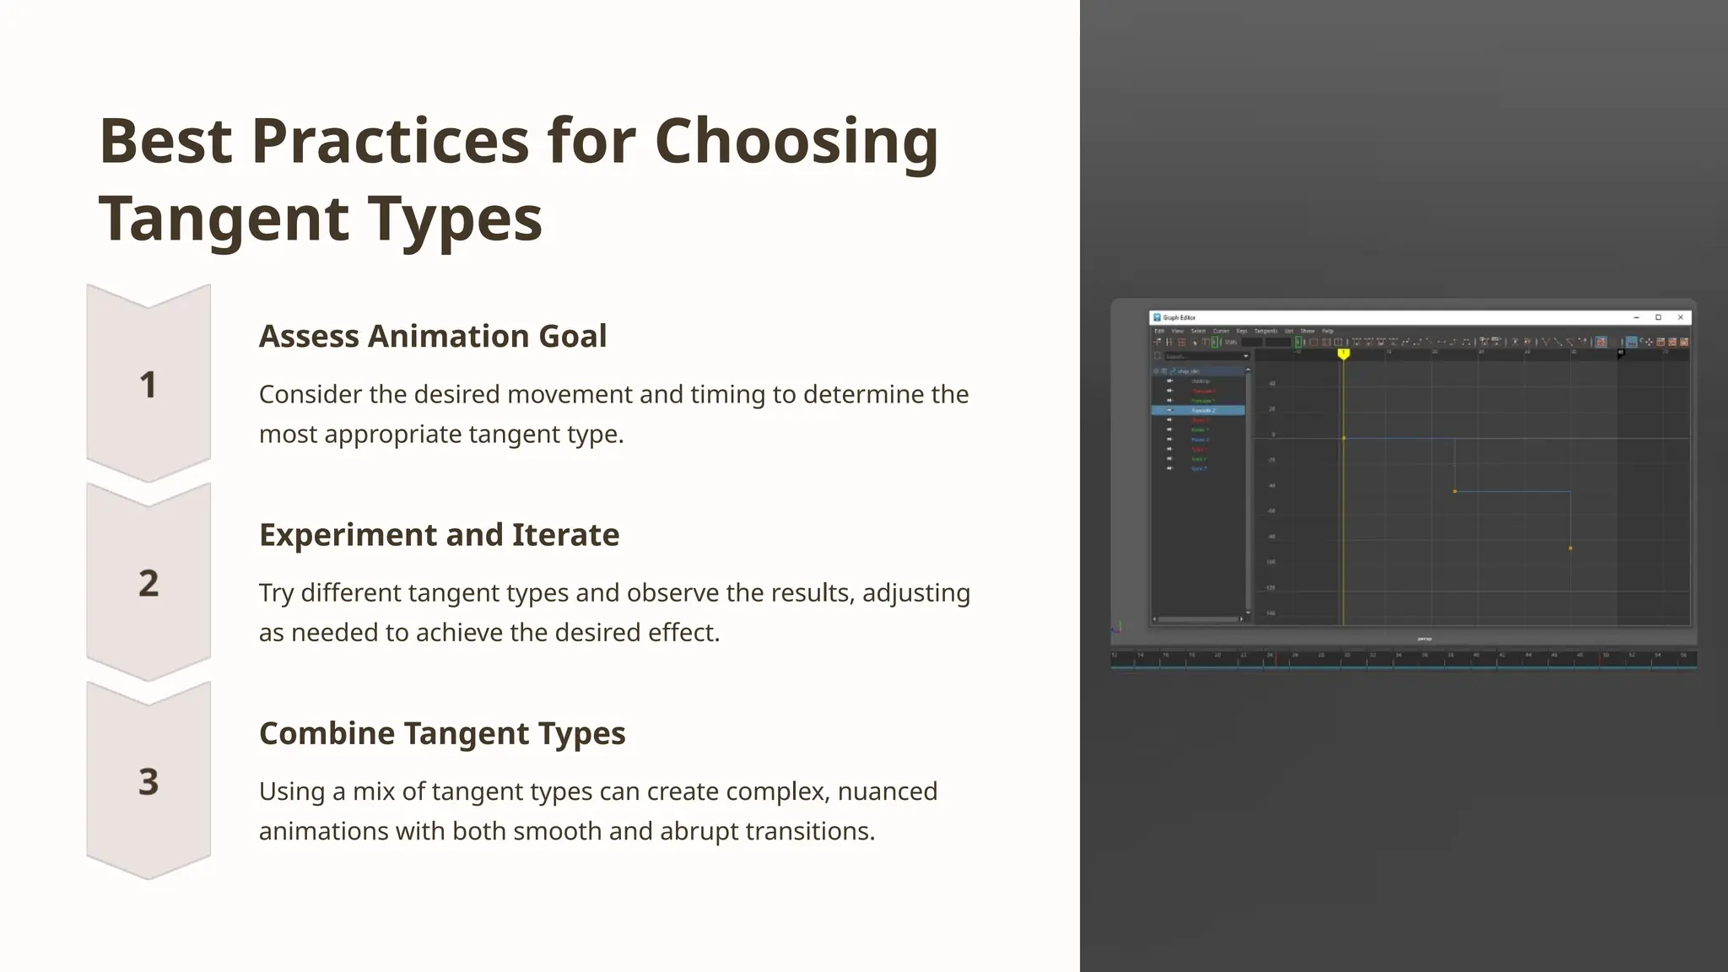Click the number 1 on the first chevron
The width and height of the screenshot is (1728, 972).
148,385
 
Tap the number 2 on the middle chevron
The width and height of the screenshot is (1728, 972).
148,583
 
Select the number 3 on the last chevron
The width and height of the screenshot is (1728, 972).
148,781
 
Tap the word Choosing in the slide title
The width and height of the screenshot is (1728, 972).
796,140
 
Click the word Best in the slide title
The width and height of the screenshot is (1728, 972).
165,140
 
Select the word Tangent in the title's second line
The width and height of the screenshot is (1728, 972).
224,218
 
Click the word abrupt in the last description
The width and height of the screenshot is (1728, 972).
699,831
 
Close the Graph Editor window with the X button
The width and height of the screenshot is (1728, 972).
1680,317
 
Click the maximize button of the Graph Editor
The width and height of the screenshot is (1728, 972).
1658,317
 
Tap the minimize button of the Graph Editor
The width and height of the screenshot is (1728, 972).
1636,317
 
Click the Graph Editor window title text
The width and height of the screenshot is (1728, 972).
1180,318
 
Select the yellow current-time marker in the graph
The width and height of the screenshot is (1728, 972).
1343,354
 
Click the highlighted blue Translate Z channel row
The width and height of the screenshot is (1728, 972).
1198,410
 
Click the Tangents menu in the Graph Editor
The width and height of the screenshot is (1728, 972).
1265,331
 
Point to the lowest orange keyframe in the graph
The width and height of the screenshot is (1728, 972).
1570,548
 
